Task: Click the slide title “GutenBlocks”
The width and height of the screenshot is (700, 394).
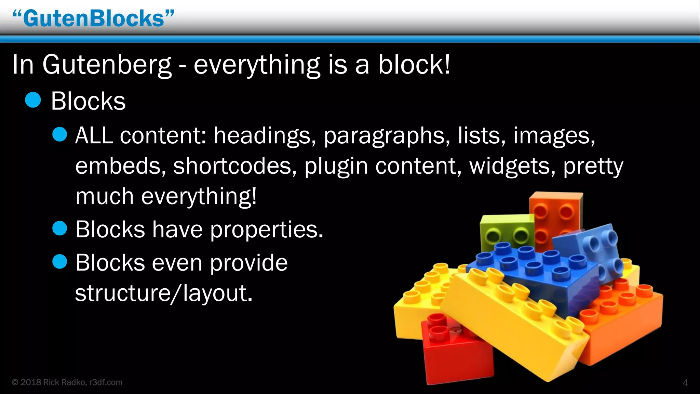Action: click(x=93, y=18)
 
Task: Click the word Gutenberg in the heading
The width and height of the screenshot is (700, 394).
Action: click(x=107, y=65)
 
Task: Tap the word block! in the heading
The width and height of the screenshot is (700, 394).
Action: click(x=414, y=65)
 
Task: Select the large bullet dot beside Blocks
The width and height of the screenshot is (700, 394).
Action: click(x=33, y=100)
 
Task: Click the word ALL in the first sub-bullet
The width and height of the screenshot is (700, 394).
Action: click(x=94, y=135)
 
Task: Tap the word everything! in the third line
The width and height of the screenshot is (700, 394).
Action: click(x=199, y=197)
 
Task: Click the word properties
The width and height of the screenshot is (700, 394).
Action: click(x=267, y=230)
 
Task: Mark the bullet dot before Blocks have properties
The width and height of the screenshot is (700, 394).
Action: click(x=60, y=228)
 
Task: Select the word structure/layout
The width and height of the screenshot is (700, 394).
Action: click(x=164, y=293)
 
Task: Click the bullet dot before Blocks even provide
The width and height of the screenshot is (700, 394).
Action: click(x=60, y=262)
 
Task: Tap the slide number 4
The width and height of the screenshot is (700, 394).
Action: click(x=685, y=383)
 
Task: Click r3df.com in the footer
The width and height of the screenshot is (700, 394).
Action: click(x=106, y=382)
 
